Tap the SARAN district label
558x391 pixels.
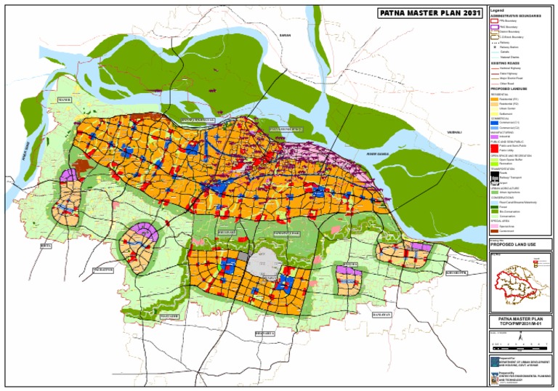coord(285,34)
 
